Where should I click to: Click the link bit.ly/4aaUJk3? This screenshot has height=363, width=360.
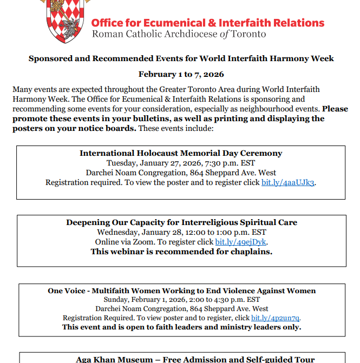point(287,182)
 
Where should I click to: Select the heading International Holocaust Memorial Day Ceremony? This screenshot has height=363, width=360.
point(181,153)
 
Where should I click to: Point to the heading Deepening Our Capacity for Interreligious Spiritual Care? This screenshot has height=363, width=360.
point(181,222)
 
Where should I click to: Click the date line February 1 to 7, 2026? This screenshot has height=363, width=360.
point(181,74)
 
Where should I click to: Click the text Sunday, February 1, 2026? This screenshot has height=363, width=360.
point(142,299)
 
